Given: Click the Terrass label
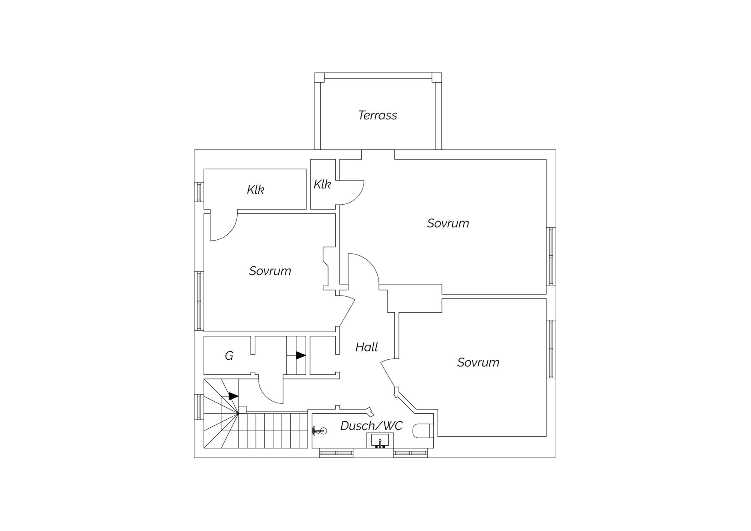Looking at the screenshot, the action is click(x=377, y=115).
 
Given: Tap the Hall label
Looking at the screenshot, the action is click(x=367, y=347).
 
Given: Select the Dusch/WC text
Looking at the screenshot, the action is click(x=371, y=426).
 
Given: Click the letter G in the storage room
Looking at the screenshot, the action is click(x=229, y=355).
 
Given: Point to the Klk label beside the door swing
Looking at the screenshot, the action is click(x=322, y=184).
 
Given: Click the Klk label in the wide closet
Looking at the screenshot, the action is click(x=256, y=189).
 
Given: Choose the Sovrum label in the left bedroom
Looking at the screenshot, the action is click(x=270, y=271).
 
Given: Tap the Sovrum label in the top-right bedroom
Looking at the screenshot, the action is click(x=448, y=223).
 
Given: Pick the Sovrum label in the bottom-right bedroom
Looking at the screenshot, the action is click(x=478, y=362).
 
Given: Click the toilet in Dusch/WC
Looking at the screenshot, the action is click(x=423, y=431).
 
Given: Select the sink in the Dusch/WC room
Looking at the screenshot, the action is click(x=380, y=440).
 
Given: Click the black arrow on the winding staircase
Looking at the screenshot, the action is click(x=233, y=396).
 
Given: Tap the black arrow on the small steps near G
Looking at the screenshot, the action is click(x=301, y=355).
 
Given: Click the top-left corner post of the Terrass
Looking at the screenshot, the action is click(x=319, y=78).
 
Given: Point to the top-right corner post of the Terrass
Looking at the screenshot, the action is click(x=436, y=78).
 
